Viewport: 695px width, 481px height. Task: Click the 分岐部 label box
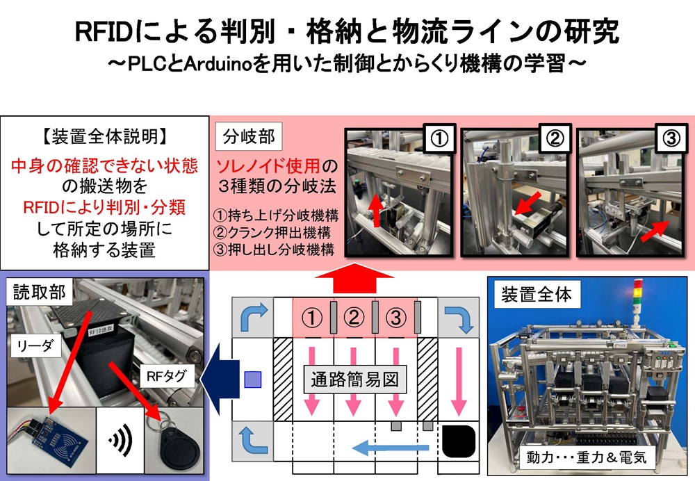[249, 137]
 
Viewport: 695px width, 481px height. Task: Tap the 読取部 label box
[40, 293]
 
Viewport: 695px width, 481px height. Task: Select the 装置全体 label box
[537, 295]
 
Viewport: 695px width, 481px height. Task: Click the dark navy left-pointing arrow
[221, 379]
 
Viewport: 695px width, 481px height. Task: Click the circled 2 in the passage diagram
[354, 319]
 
